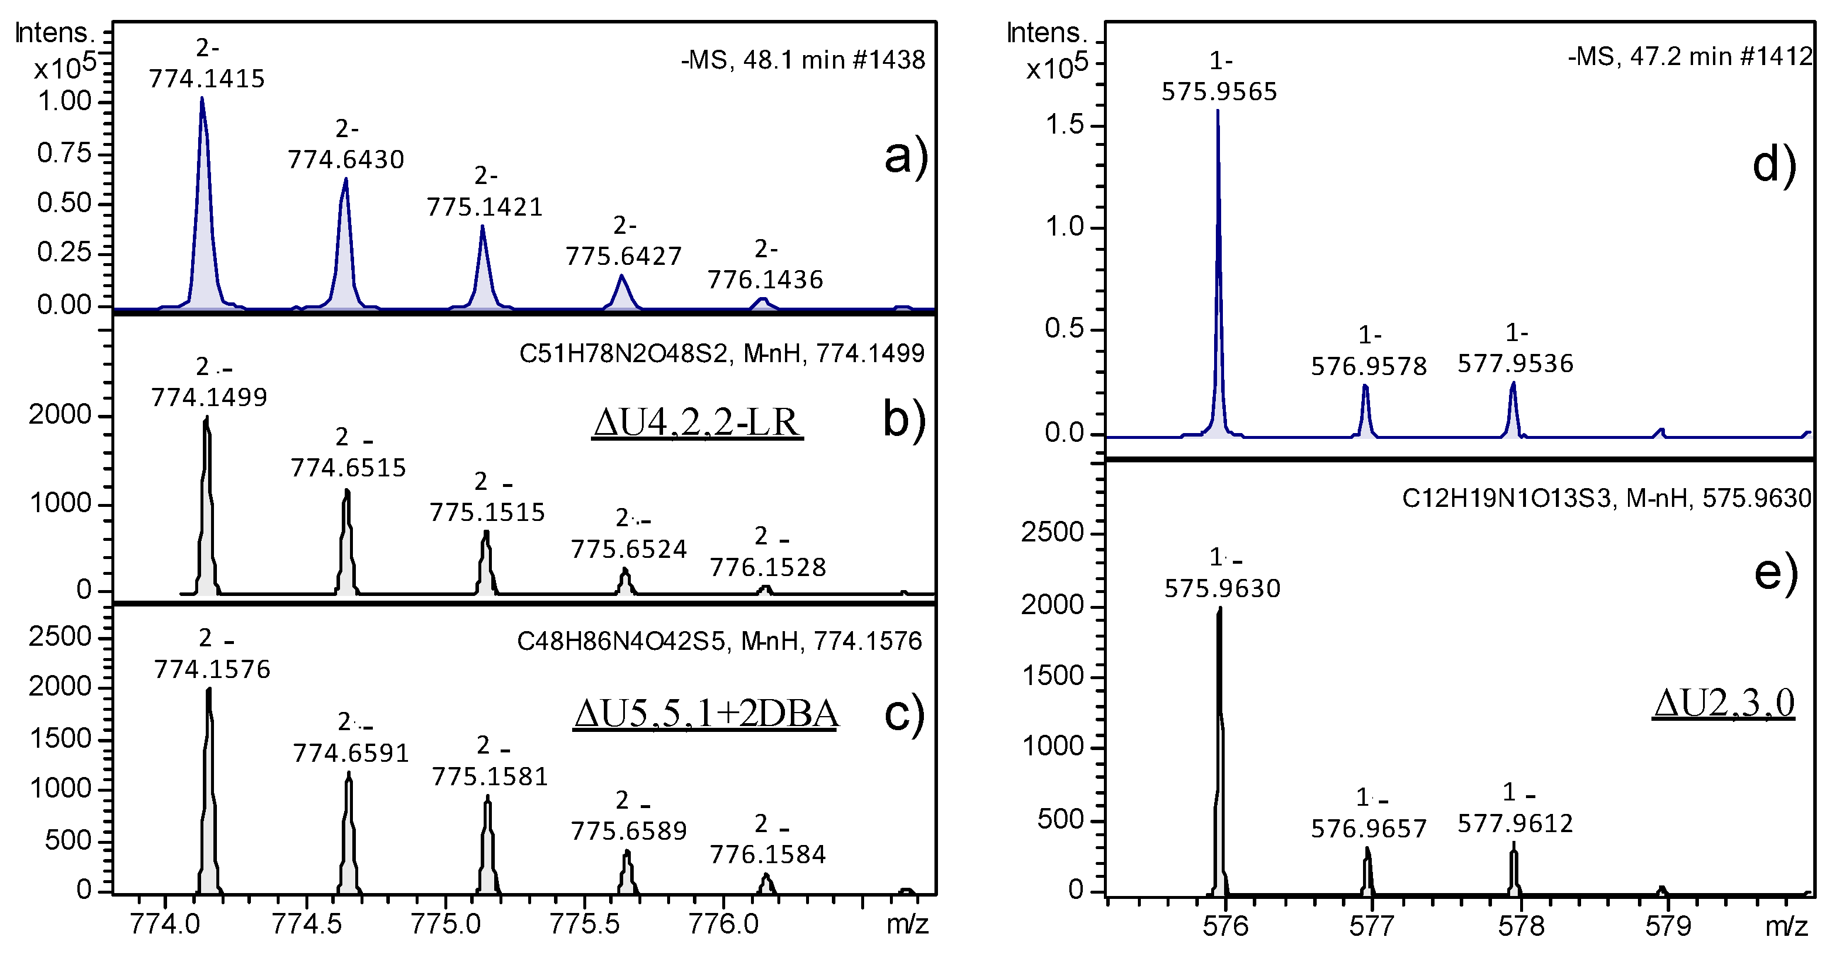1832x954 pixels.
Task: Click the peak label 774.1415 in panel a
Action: (206, 78)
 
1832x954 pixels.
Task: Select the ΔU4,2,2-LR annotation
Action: (696, 423)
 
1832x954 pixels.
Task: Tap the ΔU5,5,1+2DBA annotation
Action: (705, 714)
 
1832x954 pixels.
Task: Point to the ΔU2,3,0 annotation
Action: (1722, 703)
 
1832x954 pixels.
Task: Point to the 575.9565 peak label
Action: (1219, 91)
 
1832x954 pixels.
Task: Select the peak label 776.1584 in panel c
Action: (768, 854)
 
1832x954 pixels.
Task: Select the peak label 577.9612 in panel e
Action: (1515, 823)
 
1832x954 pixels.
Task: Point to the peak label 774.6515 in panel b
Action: (348, 468)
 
